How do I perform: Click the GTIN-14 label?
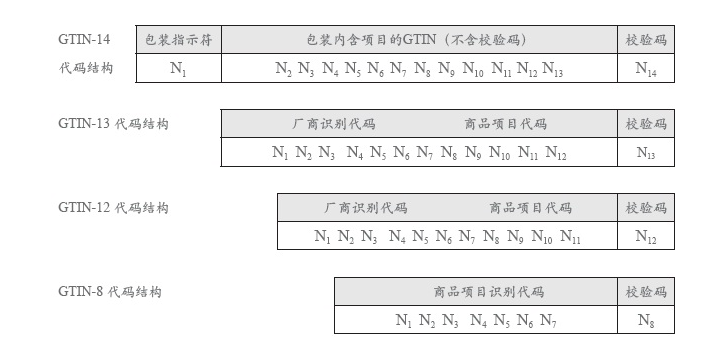(84, 40)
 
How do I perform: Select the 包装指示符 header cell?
(177, 40)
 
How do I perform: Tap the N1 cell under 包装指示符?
(177, 69)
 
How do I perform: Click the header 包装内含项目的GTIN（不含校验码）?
(418, 40)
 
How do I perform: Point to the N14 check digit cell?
(646, 69)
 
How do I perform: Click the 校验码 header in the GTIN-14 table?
(646, 40)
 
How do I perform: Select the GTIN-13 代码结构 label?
(113, 124)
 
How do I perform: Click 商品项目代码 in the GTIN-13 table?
(506, 124)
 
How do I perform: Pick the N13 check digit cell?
(646, 153)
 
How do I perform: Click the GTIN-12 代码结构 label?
(113, 208)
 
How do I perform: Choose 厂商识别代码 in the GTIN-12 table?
(366, 208)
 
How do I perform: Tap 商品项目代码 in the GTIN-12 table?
(531, 208)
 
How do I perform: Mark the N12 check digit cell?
(646, 237)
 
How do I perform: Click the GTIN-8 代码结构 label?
(110, 292)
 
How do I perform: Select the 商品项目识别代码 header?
(475, 292)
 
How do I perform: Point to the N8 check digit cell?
(646, 321)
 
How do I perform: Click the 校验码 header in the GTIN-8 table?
(646, 292)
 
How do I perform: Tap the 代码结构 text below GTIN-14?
(85, 69)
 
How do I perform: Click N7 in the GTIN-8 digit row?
(548, 321)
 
